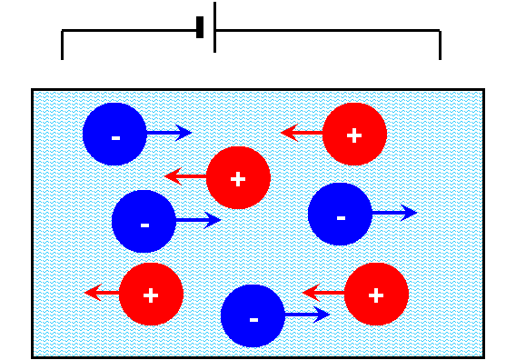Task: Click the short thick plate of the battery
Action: [x=200, y=27]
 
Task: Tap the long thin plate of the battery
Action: [x=215, y=27]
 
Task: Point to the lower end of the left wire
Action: [x=62, y=59]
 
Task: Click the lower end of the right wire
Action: [x=440, y=59]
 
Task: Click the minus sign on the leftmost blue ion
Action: [x=116, y=138]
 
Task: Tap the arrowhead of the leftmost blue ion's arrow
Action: [x=184, y=133]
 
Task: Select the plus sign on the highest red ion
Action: [x=354, y=135]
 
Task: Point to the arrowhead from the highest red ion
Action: [x=289, y=133]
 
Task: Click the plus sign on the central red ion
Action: [x=238, y=179]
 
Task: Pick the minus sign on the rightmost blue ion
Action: [x=342, y=218]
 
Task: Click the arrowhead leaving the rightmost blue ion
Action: [x=409, y=213]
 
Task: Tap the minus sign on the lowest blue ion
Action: [x=253, y=320]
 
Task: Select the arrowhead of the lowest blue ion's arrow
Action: [x=322, y=315]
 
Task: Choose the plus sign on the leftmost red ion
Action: [x=151, y=295]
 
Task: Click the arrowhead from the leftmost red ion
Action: [x=94, y=292]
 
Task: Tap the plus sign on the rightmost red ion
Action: [x=376, y=295]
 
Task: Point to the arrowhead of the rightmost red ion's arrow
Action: [x=311, y=292]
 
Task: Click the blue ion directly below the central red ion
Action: [x=253, y=315]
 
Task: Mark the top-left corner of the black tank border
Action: [x=33, y=89]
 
